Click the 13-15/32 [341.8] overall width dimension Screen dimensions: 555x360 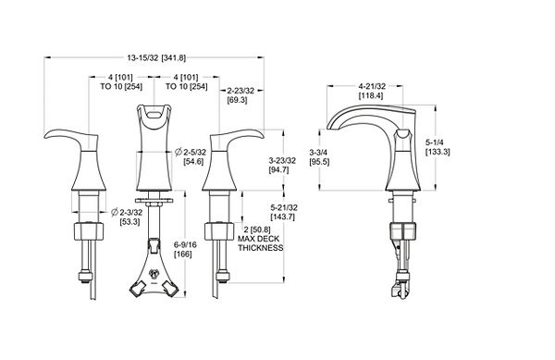(x=156, y=58)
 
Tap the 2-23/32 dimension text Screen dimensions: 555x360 (x=240, y=91)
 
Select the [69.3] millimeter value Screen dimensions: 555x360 (x=237, y=100)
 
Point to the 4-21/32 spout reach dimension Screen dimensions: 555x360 (x=372, y=86)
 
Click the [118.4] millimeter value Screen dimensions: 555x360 (x=371, y=95)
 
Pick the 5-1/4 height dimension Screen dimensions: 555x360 (x=435, y=143)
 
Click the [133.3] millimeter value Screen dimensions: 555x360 (x=438, y=152)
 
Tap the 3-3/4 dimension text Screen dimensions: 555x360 (x=318, y=153)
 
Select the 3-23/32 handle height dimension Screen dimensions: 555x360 (x=282, y=161)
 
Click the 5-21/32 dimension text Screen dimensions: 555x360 (x=284, y=207)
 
